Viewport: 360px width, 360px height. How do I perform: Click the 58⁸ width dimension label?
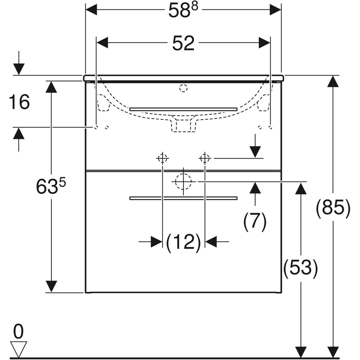[x=183, y=10]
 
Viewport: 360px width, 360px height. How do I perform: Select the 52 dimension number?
[x=183, y=43]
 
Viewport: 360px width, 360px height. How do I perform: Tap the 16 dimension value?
[x=19, y=102]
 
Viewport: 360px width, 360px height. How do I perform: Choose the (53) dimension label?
[x=300, y=268]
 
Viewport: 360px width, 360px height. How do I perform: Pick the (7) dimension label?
[x=255, y=221]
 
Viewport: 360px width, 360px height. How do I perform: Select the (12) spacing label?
[x=183, y=243]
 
